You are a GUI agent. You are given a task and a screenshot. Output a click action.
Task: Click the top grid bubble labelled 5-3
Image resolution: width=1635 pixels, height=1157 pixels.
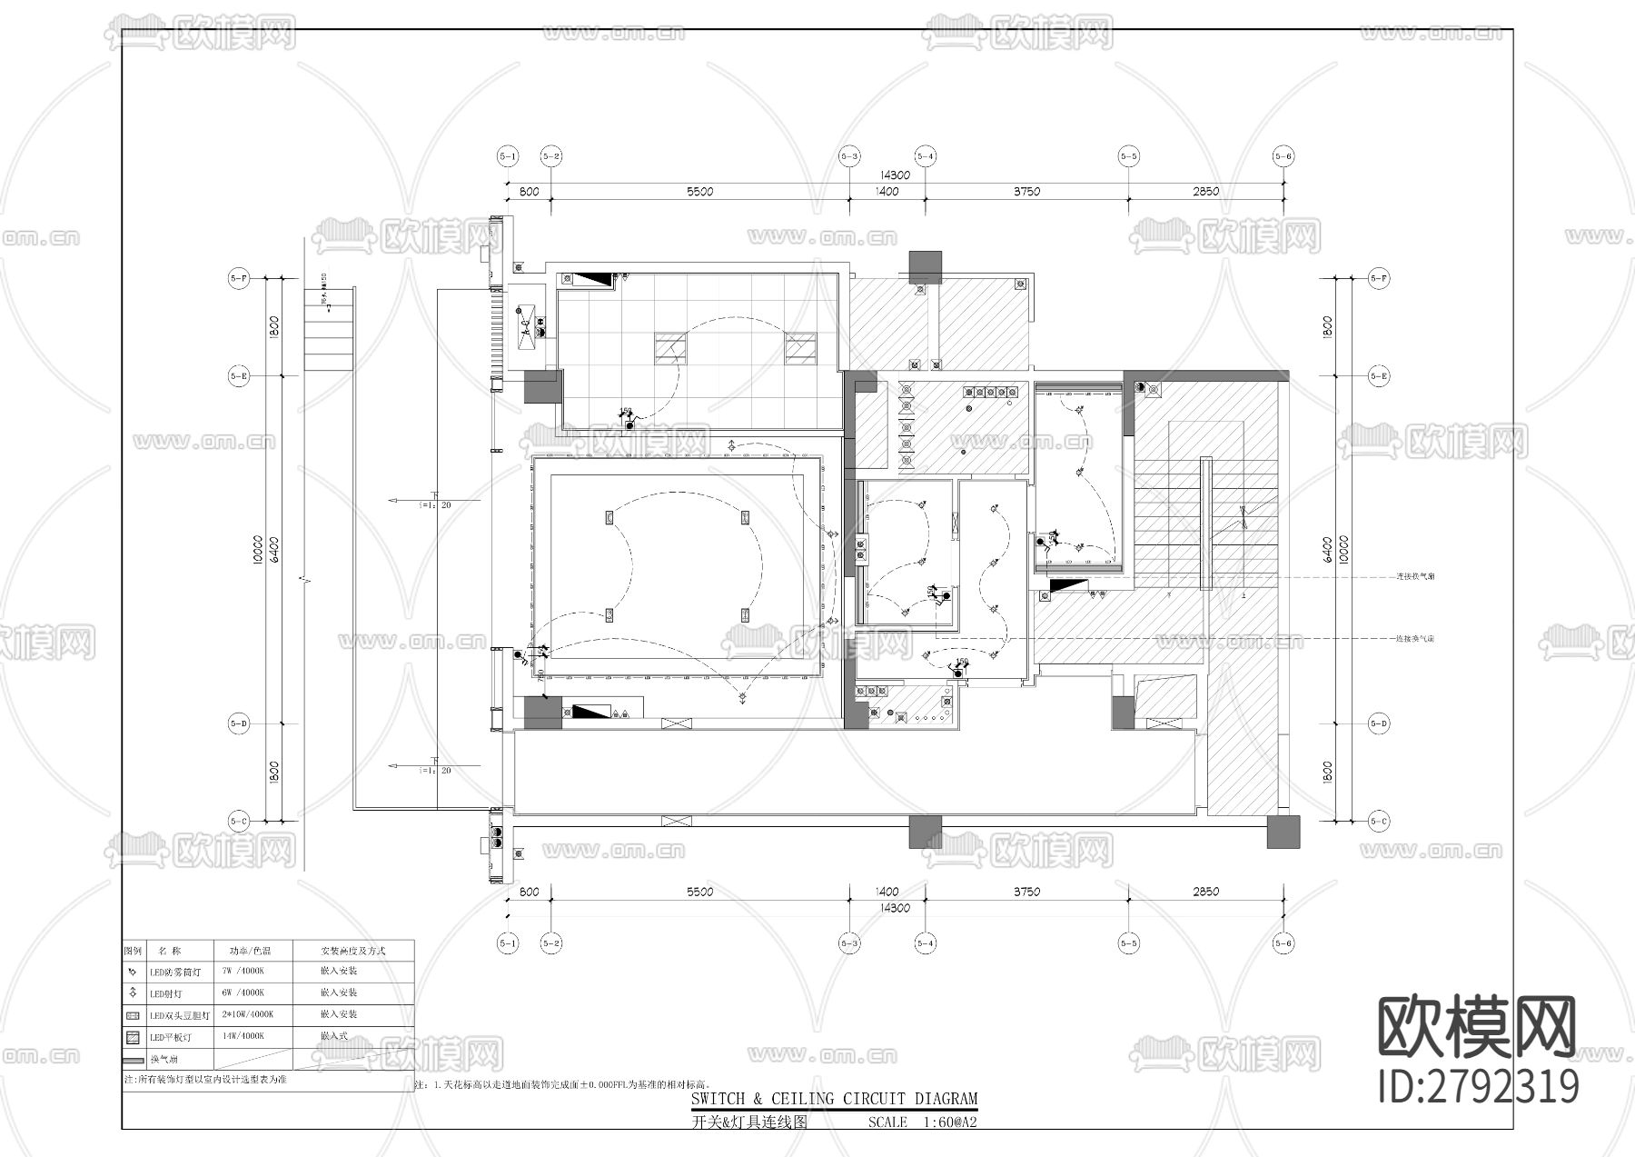pyautogui.click(x=849, y=156)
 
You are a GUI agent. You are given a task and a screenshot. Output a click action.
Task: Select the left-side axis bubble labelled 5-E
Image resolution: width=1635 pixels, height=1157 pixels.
pyautogui.click(x=238, y=375)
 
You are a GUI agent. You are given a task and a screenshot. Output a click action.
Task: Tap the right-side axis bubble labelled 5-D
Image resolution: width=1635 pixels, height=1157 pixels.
pyautogui.click(x=1379, y=724)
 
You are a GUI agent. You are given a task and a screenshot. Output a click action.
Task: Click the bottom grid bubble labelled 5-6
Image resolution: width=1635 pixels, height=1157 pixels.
pyautogui.click(x=1283, y=944)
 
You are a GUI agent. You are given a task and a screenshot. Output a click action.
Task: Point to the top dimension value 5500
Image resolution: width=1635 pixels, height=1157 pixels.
pyautogui.click(x=699, y=192)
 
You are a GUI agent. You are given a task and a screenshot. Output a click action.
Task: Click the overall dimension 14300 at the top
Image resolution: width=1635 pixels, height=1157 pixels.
pyautogui.click(x=895, y=175)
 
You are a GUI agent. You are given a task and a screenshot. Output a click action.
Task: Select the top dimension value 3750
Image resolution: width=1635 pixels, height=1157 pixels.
pyautogui.click(x=1026, y=192)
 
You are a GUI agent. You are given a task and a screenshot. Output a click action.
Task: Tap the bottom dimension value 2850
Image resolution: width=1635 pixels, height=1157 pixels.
pyautogui.click(x=1205, y=892)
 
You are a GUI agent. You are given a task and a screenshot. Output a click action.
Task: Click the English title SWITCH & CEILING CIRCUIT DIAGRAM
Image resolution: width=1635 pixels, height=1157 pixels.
pyautogui.click(x=834, y=1099)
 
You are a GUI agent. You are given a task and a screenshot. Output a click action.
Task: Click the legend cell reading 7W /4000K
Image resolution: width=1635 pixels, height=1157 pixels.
pyautogui.click(x=243, y=972)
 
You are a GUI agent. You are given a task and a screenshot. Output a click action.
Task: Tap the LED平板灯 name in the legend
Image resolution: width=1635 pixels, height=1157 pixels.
pyautogui.click(x=171, y=1037)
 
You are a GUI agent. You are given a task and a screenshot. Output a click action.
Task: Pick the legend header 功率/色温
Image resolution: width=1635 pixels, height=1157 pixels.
pyautogui.click(x=250, y=951)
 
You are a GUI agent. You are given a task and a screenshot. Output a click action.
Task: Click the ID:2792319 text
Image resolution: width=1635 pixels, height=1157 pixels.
pyautogui.click(x=1478, y=1087)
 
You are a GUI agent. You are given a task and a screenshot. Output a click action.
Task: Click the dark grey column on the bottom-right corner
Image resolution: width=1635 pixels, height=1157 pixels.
pyautogui.click(x=1283, y=832)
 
